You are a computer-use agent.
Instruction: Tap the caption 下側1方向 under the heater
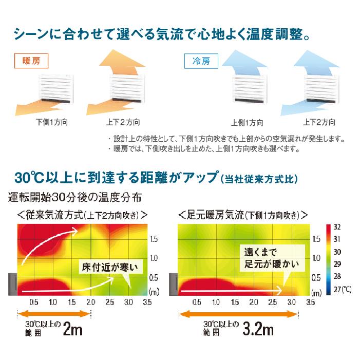click(x=52, y=123)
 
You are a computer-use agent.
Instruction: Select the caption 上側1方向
click(x=247, y=123)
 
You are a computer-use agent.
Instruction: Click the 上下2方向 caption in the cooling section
click(x=319, y=123)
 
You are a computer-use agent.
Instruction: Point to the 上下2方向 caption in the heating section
click(x=123, y=123)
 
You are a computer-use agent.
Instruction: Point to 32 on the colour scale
click(x=337, y=227)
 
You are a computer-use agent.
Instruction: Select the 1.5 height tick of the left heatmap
click(x=154, y=239)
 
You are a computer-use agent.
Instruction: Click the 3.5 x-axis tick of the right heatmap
click(x=310, y=303)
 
